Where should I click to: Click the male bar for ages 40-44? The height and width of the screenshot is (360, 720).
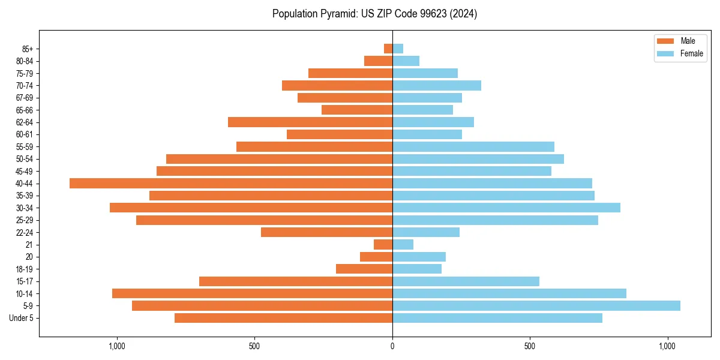[231, 183]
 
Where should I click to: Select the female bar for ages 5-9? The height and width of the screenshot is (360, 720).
[536, 305]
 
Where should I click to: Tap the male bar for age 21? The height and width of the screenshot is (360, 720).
[383, 244]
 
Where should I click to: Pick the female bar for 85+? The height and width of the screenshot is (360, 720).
[398, 49]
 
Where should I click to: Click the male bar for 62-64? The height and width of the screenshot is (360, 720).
[310, 122]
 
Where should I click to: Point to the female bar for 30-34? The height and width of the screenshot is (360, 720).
[506, 208]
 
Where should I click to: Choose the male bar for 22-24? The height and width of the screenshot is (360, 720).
[326, 232]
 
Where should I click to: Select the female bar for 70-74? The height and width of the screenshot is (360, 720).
[437, 85]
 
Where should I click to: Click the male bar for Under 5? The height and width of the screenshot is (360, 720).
[283, 318]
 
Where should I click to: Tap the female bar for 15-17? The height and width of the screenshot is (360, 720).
[466, 281]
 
